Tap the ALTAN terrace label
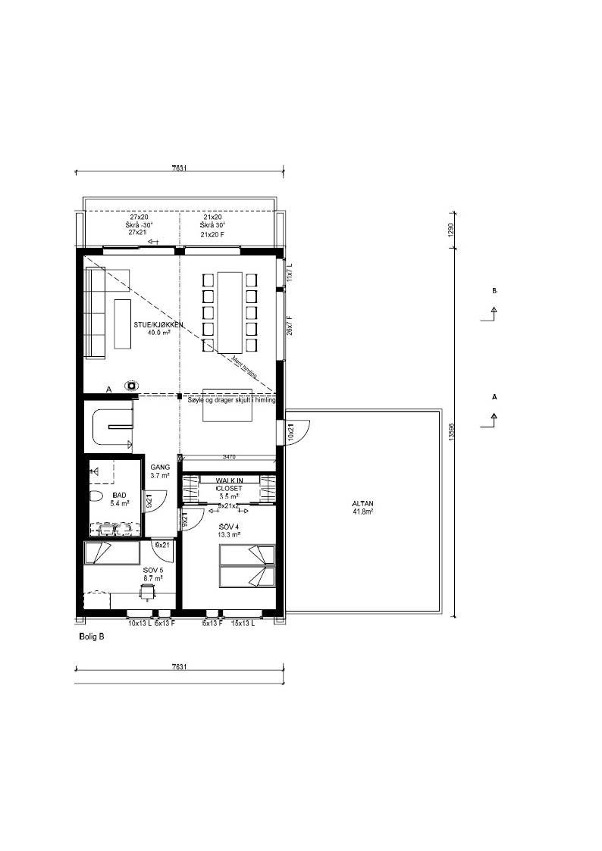362,507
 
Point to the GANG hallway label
160,471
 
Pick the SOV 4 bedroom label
229,530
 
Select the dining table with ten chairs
230,311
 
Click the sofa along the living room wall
95,313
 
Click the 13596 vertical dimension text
452,433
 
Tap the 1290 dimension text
453,230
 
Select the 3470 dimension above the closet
230,457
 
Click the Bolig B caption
92,637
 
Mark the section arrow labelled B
494,309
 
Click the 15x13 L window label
243,624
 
